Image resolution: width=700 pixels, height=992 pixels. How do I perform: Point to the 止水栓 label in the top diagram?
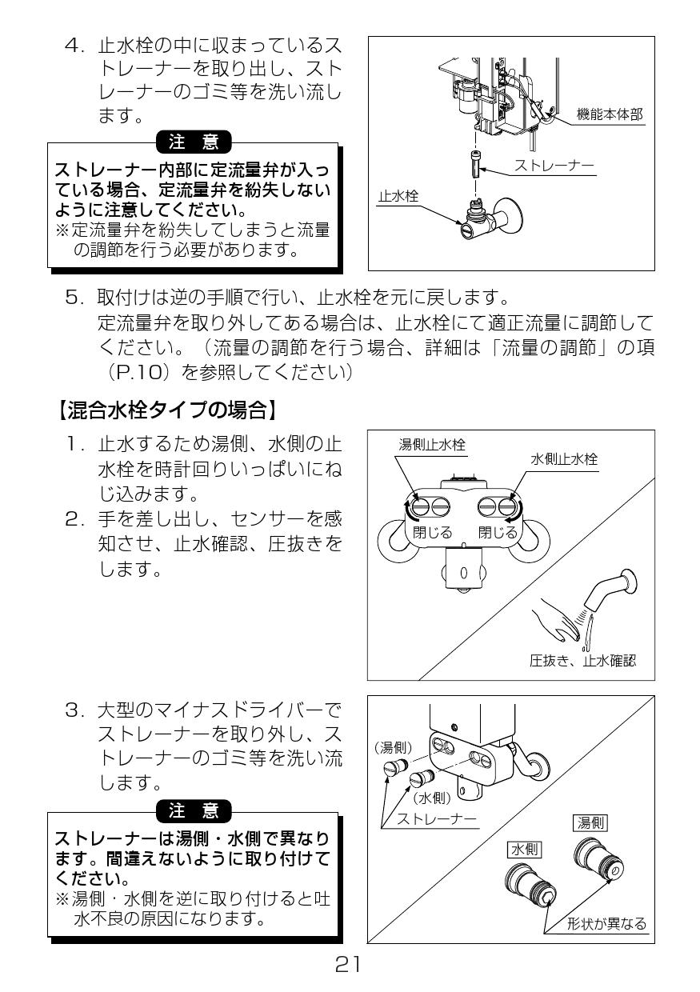[398, 194]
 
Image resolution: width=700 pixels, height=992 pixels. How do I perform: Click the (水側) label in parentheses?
[432, 798]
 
